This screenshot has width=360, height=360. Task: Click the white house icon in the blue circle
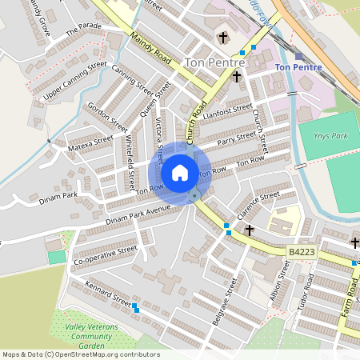tap(180, 173)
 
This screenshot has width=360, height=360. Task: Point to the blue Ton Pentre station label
tap(298, 67)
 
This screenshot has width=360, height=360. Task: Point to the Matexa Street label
tap(91, 144)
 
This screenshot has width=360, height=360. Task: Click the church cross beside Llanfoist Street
tap(236, 77)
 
